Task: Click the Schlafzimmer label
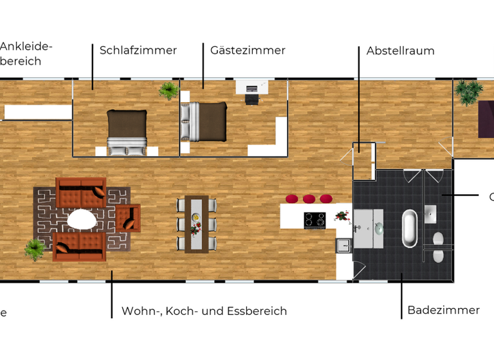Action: point(138,50)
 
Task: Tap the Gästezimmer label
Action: point(248,50)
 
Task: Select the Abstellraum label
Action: point(400,51)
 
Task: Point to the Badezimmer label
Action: point(443,310)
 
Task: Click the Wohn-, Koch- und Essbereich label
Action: point(204,311)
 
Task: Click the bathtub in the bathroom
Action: point(409,228)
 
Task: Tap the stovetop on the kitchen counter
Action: point(315,220)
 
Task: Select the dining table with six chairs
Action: point(196,224)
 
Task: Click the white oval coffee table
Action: point(82,220)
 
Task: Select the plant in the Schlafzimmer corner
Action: point(169,90)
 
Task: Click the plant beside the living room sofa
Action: point(34,248)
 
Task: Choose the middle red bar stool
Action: point(309,199)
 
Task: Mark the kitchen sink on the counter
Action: point(343,246)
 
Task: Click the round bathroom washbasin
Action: point(379,227)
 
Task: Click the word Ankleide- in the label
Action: point(26,46)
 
